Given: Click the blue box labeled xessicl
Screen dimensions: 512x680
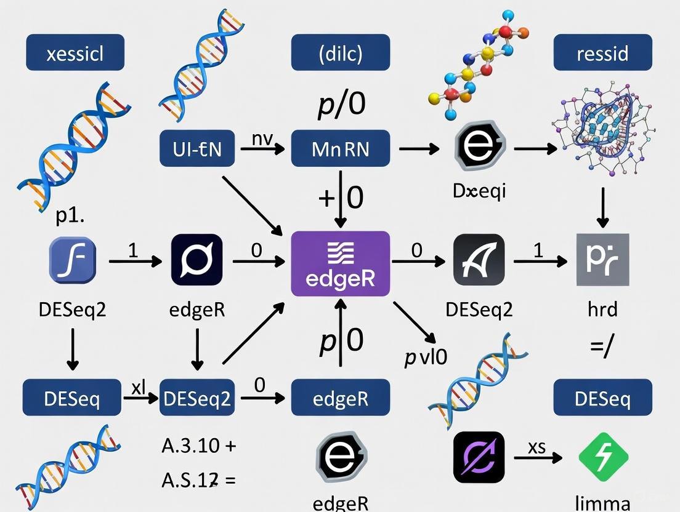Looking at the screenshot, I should tap(75, 52).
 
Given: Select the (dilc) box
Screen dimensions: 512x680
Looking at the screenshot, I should tap(340, 52).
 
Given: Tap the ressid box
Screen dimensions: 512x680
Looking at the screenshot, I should tap(602, 52).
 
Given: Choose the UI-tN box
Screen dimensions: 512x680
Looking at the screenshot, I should tap(197, 148).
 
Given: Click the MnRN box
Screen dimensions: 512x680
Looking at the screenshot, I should tap(340, 148).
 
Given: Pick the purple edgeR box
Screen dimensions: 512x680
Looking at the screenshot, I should tap(340, 263).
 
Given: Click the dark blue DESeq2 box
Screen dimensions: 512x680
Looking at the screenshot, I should tap(197, 398).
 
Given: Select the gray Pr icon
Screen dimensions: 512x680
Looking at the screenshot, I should tap(602, 260).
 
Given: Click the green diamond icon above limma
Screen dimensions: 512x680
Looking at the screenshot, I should tap(603, 457).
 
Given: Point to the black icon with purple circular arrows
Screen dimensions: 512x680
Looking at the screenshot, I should tap(479, 457).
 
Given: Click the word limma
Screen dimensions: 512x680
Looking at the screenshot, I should tap(602, 501).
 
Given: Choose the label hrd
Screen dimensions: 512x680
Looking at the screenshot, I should tap(602, 308).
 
